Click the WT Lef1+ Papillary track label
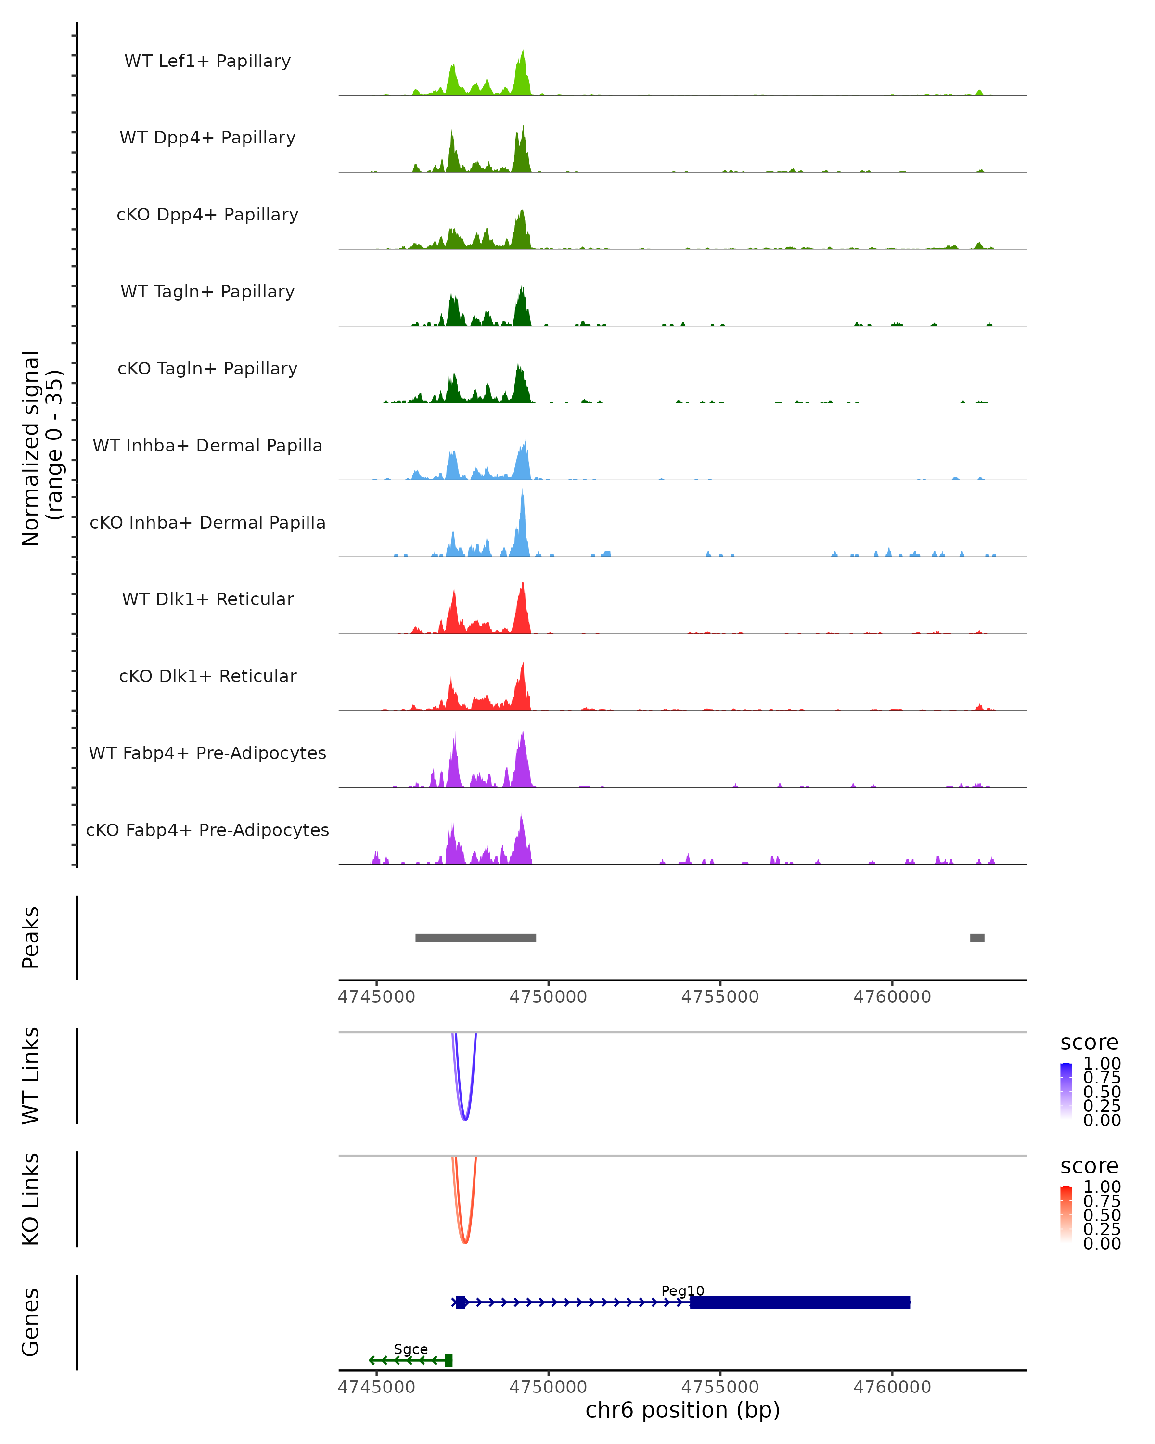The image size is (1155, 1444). point(207,61)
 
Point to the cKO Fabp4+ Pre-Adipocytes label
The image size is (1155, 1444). point(207,830)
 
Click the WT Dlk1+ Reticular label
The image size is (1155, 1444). point(207,599)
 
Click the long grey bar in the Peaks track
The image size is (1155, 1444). point(475,938)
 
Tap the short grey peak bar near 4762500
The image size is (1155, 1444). point(977,938)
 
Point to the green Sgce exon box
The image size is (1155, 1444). point(449,1360)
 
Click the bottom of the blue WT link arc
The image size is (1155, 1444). point(465,1119)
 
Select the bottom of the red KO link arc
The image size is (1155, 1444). point(465,1242)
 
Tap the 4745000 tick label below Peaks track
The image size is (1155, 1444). point(376,997)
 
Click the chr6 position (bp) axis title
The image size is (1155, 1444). point(682,1410)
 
